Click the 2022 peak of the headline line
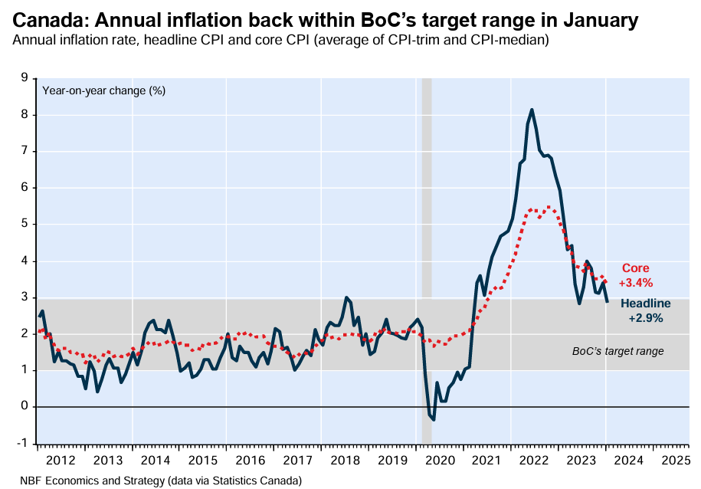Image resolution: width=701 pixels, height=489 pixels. (x=532, y=110)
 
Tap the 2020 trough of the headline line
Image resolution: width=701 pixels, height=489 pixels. (x=434, y=419)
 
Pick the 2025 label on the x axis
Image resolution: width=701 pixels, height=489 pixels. (x=676, y=460)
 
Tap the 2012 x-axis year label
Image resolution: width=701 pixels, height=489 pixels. (x=61, y=460)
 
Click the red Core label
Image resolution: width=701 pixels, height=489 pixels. (x=635, y=268)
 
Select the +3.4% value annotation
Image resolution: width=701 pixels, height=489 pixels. (x=635, y=282)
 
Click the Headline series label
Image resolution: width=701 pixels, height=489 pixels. (x=646, y=304)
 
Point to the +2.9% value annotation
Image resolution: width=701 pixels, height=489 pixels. (x=646, y=317)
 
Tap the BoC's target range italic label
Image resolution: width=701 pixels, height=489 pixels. (x=617, y=351)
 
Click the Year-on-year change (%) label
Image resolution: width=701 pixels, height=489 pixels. (x=103, y=90)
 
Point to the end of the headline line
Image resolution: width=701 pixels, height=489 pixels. (x=608, y=300)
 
